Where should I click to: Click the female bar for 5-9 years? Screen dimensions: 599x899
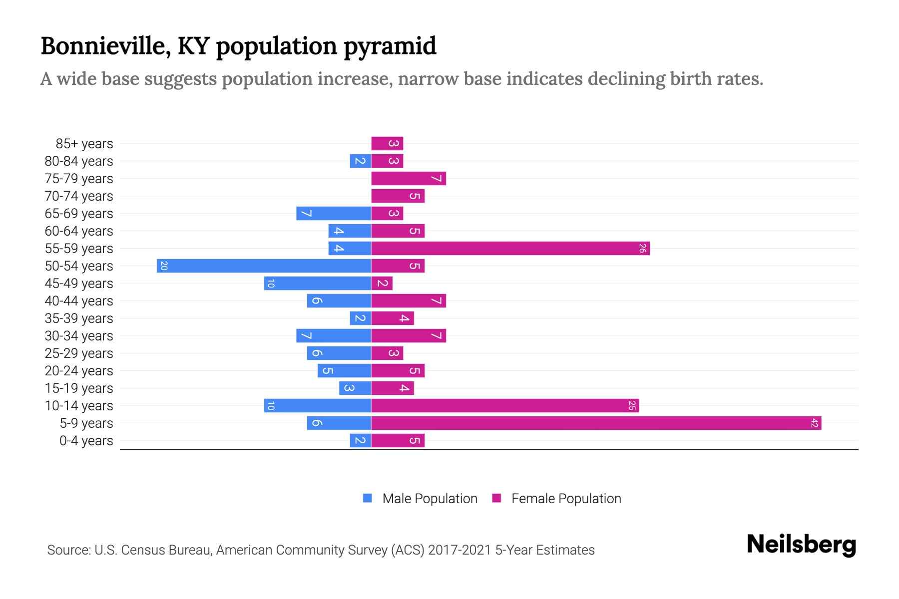click(x=596, y=423)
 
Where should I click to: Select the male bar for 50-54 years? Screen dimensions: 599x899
click(x=264, y=266)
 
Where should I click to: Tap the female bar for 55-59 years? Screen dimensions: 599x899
click(x=510, y=249)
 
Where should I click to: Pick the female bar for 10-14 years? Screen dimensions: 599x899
click(x=505, y=406)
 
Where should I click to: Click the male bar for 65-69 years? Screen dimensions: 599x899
click(x=334, y=214)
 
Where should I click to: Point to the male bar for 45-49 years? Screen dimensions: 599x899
click(x=318, y=284)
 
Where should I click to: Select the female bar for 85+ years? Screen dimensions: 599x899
click(x=387, y=144)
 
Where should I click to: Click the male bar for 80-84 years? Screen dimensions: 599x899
click(x=360, y=161)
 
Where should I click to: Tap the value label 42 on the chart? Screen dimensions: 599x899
click(x=814, y=423)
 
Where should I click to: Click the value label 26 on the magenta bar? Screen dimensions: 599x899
click(x=642, y=249)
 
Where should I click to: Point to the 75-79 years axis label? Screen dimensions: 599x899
click(x=79, y=179)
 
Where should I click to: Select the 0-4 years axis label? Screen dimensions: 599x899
click(x=86, y=441)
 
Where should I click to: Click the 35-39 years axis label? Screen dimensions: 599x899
click(x=79, y=318)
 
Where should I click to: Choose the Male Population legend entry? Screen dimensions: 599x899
click(x=429, y=499)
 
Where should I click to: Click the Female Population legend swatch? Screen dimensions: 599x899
click(x=496, y=498)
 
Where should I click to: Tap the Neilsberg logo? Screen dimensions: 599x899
click(x=801, y=545)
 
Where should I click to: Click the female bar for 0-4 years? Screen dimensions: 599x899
click(x=398, y=441)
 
